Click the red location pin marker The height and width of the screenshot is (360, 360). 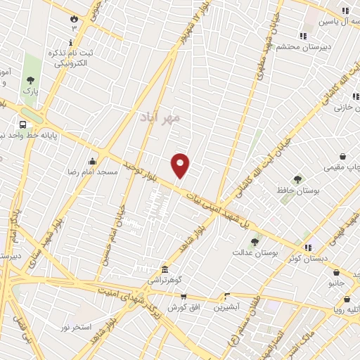pos(181,165)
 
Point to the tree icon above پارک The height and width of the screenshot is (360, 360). pos(30,80)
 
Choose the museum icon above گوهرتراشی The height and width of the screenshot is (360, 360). pos(165,270)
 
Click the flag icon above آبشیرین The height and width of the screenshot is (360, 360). pos(226,297)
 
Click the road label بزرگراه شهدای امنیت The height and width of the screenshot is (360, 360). pos(137,294)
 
